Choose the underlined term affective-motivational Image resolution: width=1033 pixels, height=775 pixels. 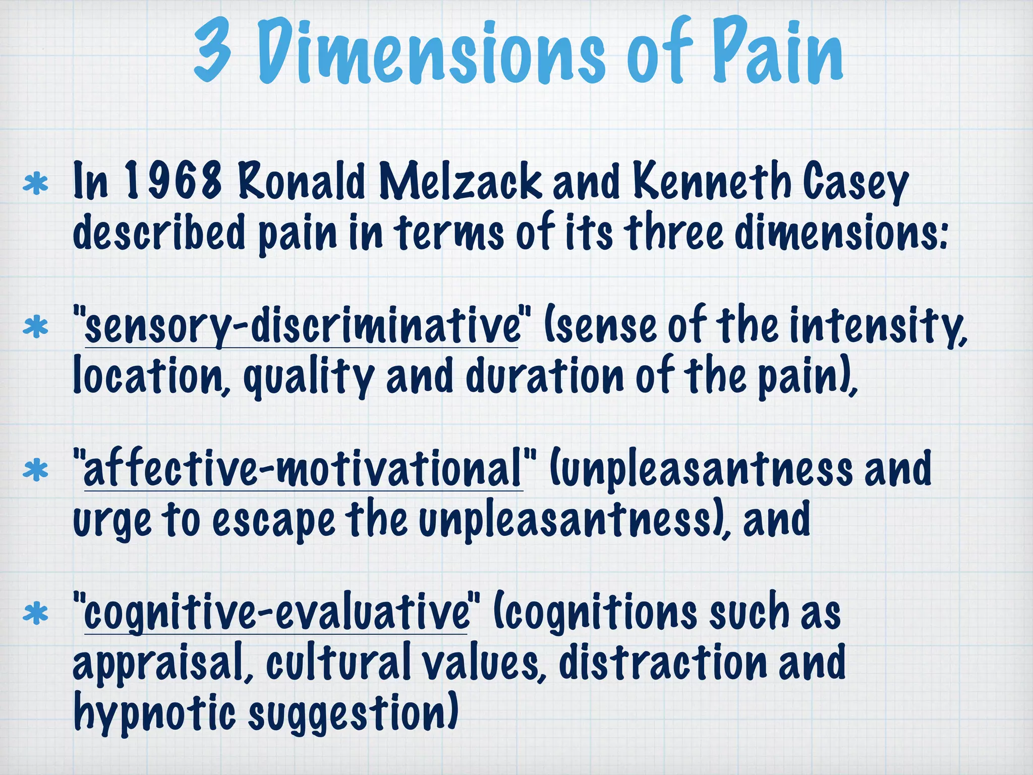coord(303,469)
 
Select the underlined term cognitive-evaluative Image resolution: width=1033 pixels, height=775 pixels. coord(276,613)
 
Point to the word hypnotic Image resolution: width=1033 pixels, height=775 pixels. coord(154,714)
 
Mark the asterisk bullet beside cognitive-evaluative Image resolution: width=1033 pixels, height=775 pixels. coord(36,614)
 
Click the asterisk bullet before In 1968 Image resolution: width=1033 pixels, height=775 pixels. coord(36,184)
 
